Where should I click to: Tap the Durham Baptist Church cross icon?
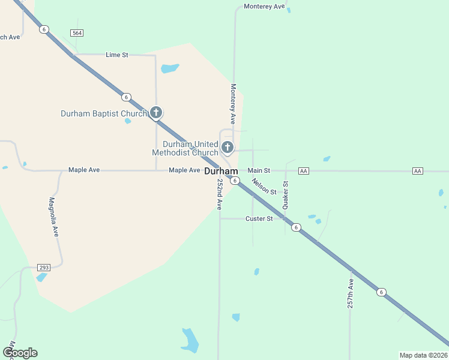point(156,112)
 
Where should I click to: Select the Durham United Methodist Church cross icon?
point(228,147)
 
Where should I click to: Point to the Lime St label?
point(117,55)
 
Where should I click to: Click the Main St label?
point(259,171)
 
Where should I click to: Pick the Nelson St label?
point(264,187)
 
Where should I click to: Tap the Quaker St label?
point(286,194)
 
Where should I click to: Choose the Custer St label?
point(259,219)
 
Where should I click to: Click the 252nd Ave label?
point(220,194)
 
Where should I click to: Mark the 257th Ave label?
point(351,293)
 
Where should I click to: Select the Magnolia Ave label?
point(53,217)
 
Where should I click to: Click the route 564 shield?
point(76,32)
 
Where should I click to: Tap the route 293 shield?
point(43,267)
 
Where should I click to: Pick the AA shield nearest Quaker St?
point(303,171)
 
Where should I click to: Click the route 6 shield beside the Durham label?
point(235,181)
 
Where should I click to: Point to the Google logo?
point(20,353)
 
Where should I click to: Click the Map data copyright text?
point(424,355)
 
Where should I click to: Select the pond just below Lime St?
point(170,68)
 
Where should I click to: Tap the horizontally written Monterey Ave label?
point(265,7)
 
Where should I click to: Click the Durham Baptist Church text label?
point(104,113)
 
